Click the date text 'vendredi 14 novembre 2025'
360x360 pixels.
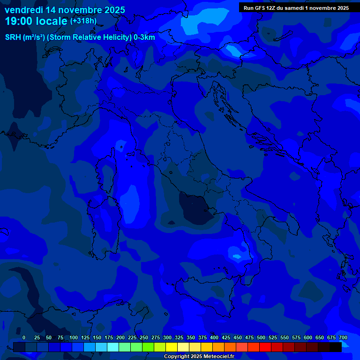65,10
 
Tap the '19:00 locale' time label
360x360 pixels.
36,21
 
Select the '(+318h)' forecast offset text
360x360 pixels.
83,21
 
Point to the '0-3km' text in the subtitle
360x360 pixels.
144,37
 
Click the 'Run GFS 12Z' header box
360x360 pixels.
296,8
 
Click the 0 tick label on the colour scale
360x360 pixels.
24,337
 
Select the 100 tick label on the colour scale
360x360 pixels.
74,337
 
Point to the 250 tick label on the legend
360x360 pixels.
144,337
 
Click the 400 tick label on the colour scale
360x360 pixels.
214,337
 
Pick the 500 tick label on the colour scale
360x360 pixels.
261,337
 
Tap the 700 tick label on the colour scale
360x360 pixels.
343,337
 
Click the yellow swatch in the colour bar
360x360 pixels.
172,347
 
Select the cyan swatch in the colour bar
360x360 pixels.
113,347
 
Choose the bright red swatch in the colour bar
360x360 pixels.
265,347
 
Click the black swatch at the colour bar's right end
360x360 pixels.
336,347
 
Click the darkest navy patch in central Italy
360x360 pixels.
195,209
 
